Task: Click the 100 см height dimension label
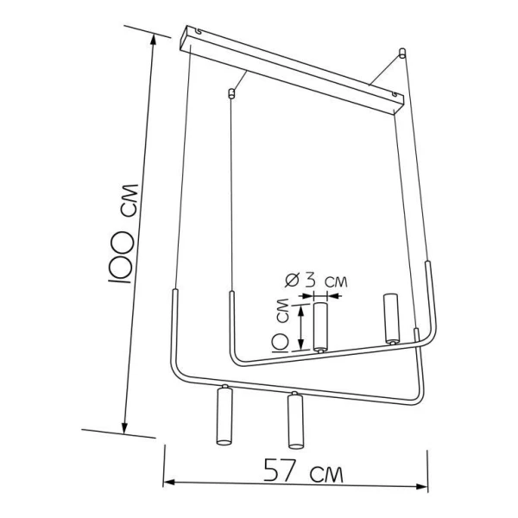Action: [x=123, y=233]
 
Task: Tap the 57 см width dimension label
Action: [x=303, y=471]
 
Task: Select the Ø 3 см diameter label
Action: [x=316, y=281]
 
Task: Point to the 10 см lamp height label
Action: [x=281, y=325]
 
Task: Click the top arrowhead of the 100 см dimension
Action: [x=153, y=40]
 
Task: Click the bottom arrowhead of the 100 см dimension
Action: [x=125, y=428]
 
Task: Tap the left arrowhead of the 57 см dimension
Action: [x=169, y=483]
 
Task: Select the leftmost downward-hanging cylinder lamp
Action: [x=224, y=414]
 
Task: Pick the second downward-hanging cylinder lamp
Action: [x=295, y=420]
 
